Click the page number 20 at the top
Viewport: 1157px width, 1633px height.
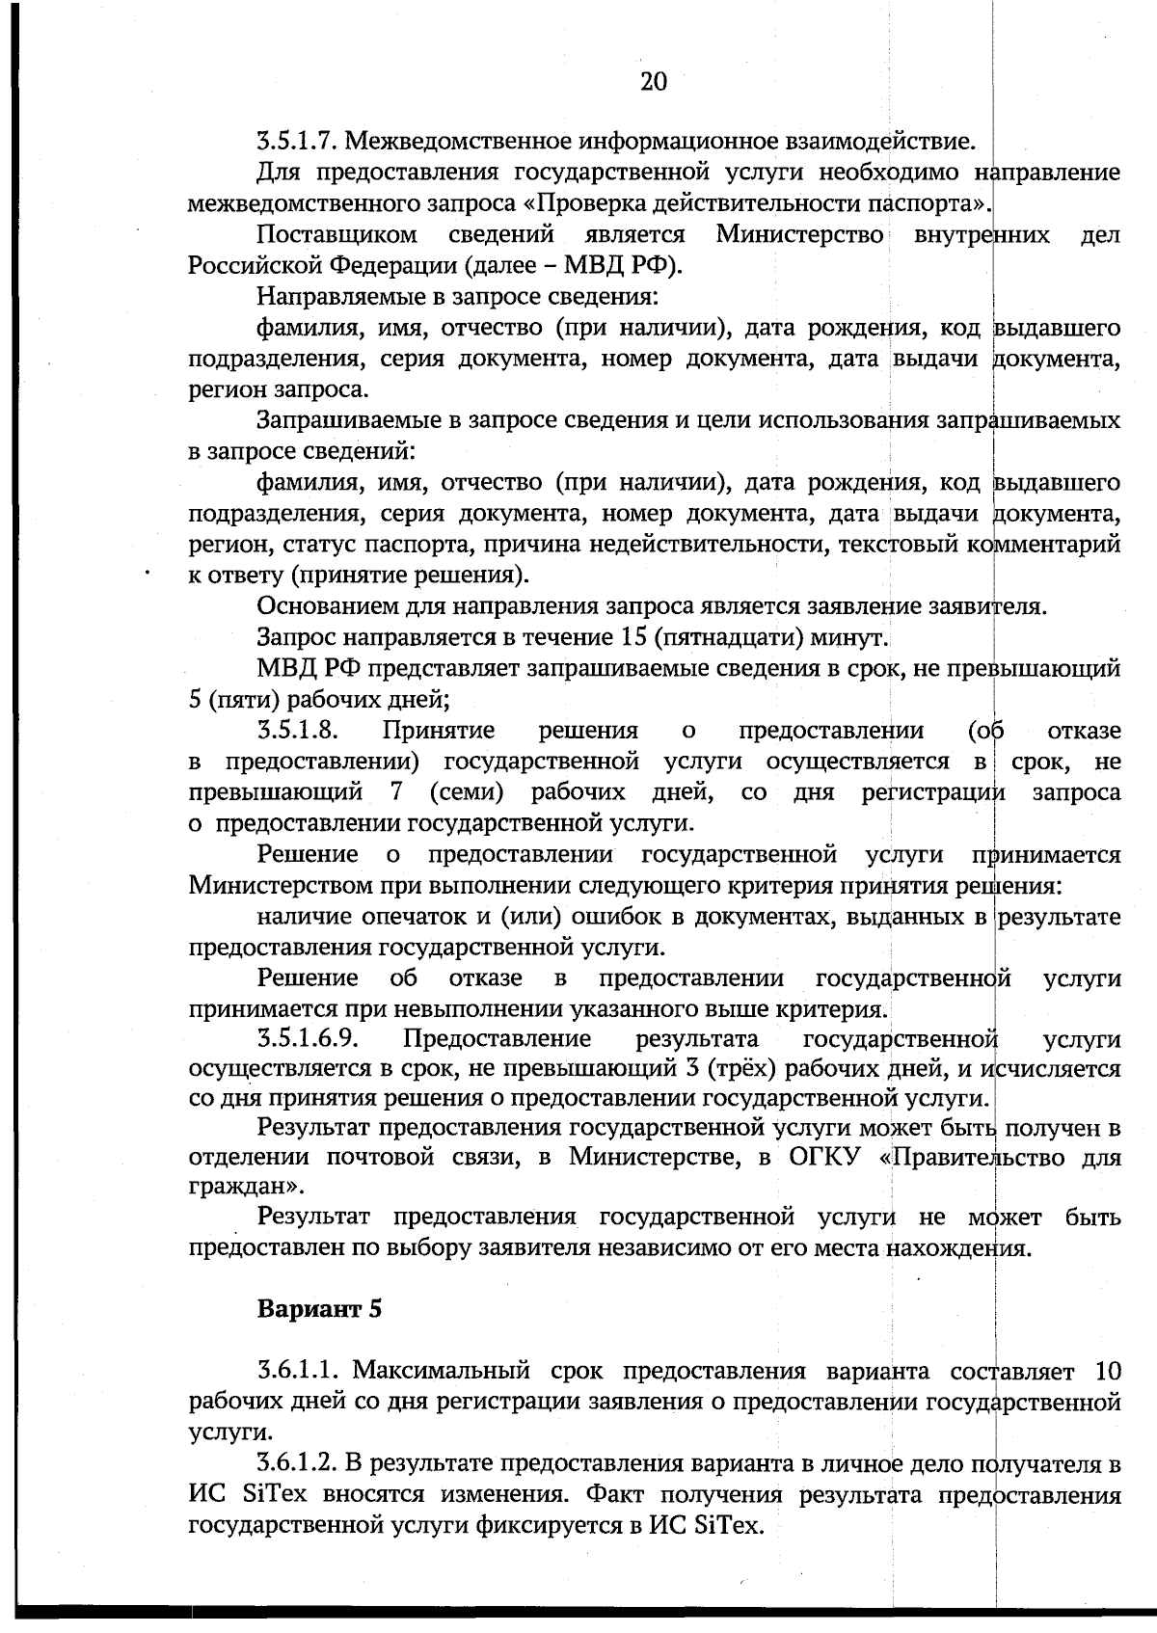click(653, 82)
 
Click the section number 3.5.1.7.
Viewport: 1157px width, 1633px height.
click(297, 143)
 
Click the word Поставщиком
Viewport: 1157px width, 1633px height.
click(337, 235)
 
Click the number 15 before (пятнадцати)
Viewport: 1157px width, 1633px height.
click(627, 637)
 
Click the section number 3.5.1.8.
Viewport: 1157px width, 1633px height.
click(297, 731)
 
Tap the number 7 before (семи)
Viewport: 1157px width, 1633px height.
click(396, 792)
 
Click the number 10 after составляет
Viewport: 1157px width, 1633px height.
click(1108, 1371)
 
